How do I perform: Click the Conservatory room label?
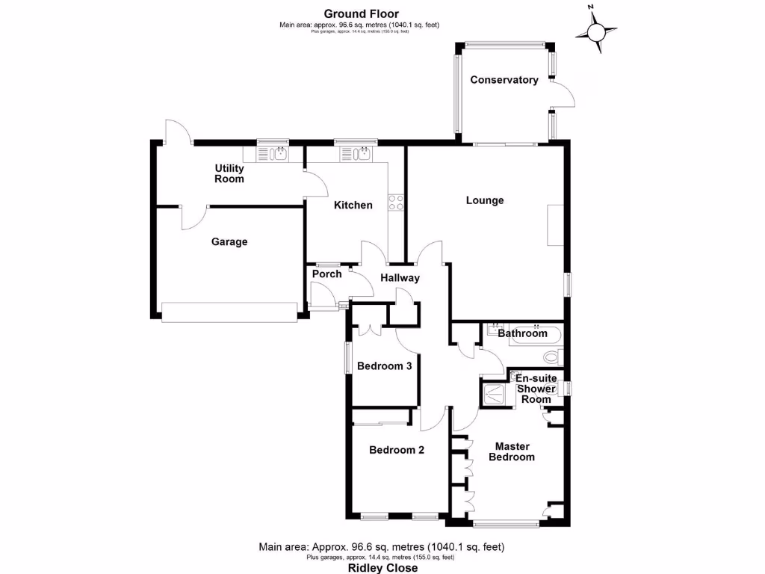[504, 80]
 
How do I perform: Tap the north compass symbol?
[596, 31]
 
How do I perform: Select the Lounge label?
[485, 200]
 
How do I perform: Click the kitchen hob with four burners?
[396, 202]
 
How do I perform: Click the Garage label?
[229, 242]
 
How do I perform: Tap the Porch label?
[326, 274]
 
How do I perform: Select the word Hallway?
[400, 278]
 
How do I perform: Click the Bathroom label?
[523, 333]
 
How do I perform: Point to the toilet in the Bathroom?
[554, 357]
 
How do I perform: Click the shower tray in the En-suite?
[493, 393]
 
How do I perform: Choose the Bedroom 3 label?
[384, 366]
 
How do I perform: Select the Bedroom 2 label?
[397, 451]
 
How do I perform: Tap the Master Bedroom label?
[512, 451]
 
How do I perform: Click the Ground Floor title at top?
[361, 13]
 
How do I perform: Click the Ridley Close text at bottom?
[381, 567]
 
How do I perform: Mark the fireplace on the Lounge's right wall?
[555, 225]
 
